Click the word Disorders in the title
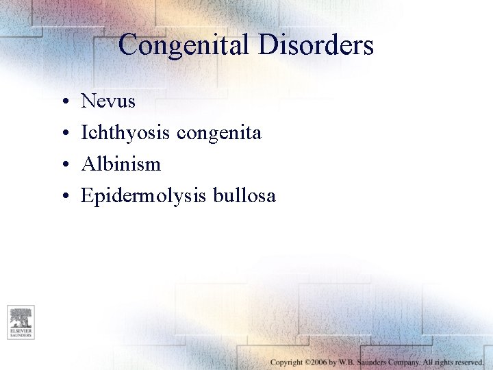(x=316, y=46)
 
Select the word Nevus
(x=108, y=101)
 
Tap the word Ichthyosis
(x=126, y=133)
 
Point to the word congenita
(x=219, y=133)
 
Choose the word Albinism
(x=121, y=164)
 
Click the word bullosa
(x=244, y=196)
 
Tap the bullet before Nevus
(x=62, y=102)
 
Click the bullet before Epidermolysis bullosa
(x=62, y=197)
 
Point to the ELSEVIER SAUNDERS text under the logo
(x=21, y=334)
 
